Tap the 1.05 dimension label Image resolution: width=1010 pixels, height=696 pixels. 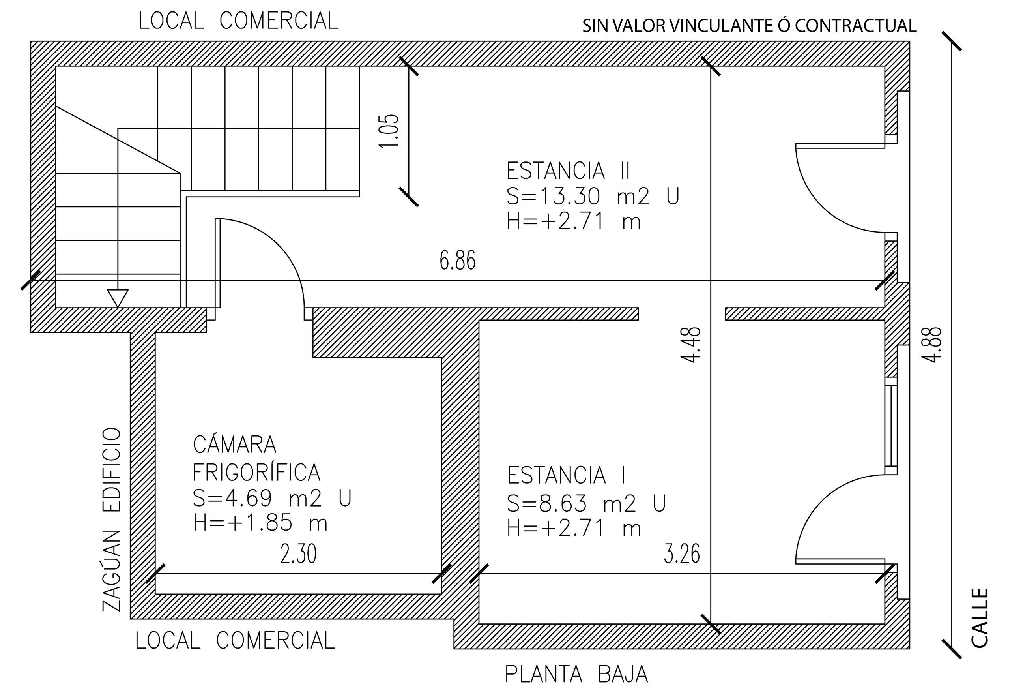pos(389,131)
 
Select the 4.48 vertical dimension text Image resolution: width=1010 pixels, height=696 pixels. pos(691,345)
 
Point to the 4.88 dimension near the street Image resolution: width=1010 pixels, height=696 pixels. pos(932,345)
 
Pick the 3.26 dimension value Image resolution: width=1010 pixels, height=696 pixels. pos(681,554)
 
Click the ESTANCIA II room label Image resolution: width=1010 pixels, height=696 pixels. pos(568,171)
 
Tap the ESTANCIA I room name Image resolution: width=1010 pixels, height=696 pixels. pos(567,475)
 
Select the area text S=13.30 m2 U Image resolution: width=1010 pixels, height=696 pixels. pos(593,196)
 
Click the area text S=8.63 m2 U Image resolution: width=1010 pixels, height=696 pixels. pos(586,504)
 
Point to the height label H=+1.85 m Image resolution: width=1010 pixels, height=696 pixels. pos(260,523)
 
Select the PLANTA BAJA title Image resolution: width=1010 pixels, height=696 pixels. pos(576,674)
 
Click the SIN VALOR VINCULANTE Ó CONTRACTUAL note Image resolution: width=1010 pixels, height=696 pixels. pos(750,26)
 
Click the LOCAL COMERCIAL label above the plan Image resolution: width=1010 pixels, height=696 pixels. pos(238,21)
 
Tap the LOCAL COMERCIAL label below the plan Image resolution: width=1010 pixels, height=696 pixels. pos(235,641)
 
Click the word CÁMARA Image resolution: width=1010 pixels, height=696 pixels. pos(234,445)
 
